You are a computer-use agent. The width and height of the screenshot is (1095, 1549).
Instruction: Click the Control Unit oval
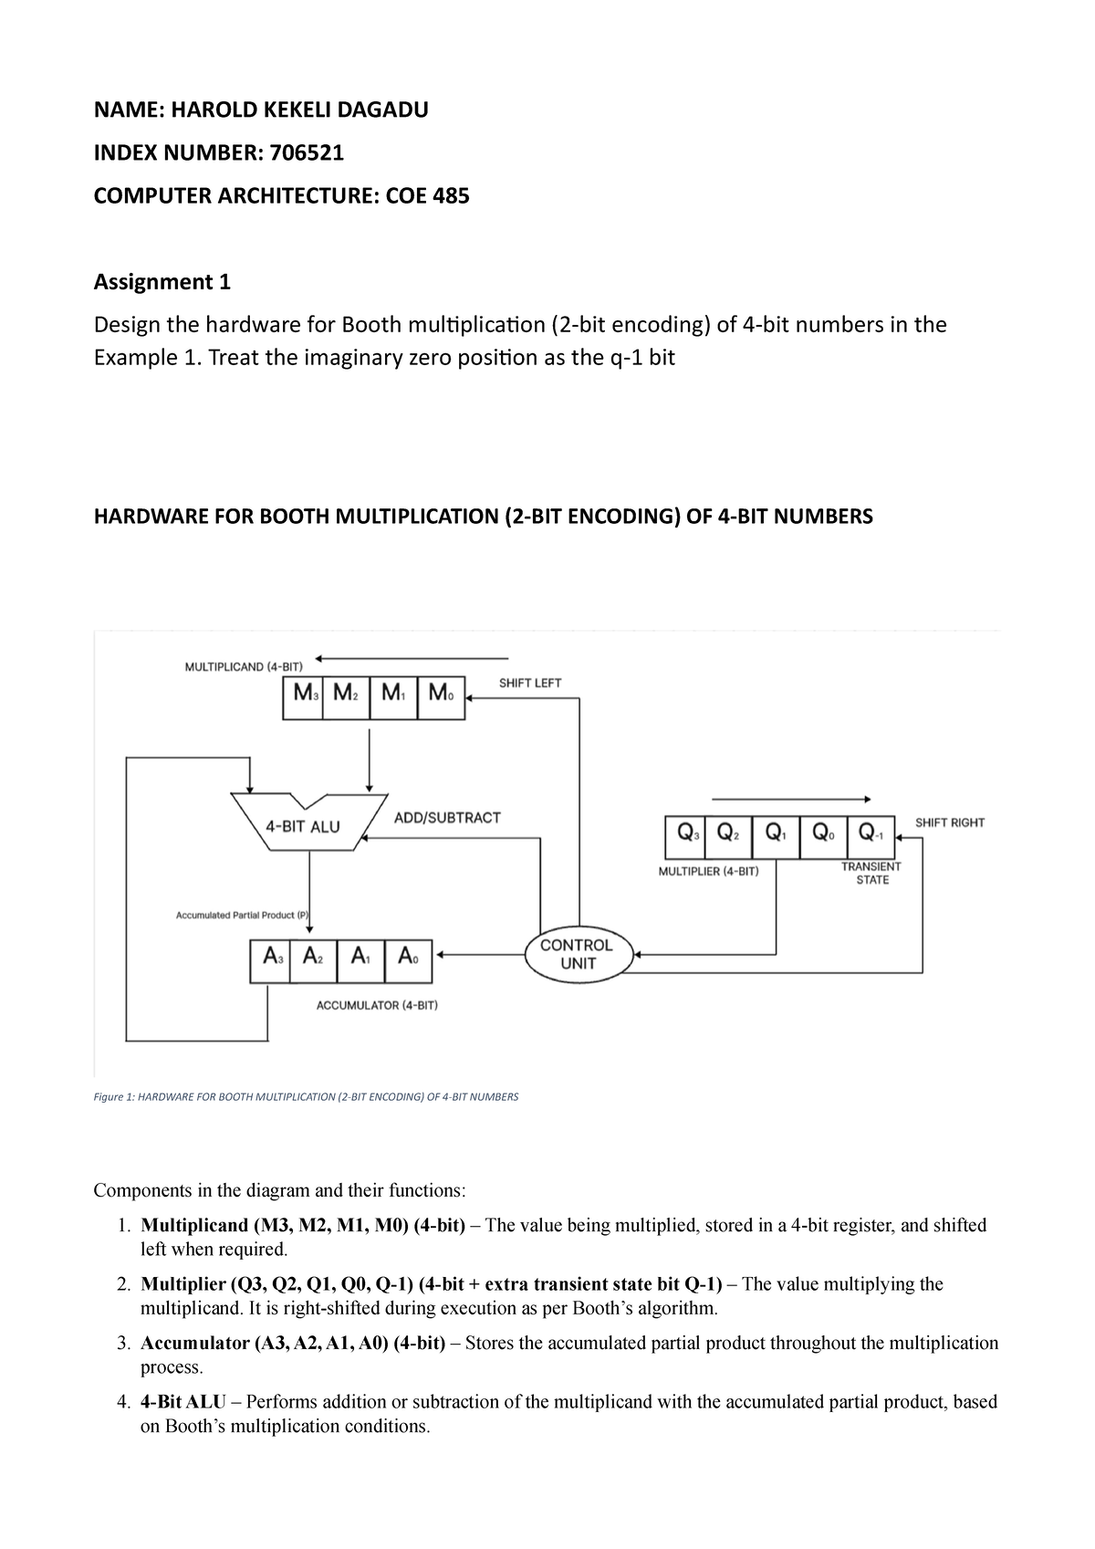pyautogui.click(x=577, y=955)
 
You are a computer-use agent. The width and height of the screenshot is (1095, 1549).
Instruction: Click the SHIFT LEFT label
pyautogui.click(x=529, y=683)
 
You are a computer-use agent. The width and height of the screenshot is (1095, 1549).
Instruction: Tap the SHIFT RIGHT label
pyautogui.click(x=950, y=822)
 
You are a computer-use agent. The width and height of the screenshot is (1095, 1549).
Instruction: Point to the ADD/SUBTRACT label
pyautogui.click(x=447, y=817)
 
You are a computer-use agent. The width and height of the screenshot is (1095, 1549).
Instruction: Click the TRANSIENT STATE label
pyautogui.click(x=871, y=873)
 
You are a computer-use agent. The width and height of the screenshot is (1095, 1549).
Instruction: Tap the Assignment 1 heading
pyautogui.click(x=162, y=282)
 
